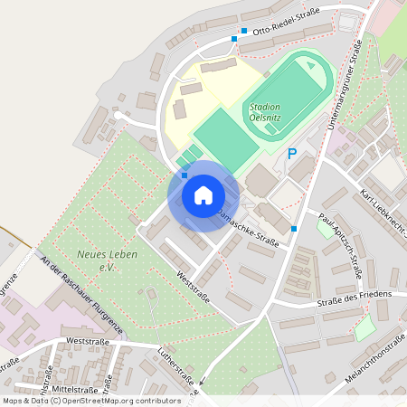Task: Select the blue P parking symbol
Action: point(292,154)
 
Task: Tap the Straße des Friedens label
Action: point(355,296)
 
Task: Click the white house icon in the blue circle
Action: point(203,195)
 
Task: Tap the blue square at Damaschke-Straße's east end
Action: point(294,229)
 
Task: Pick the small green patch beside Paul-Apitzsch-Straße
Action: point(324,227)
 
